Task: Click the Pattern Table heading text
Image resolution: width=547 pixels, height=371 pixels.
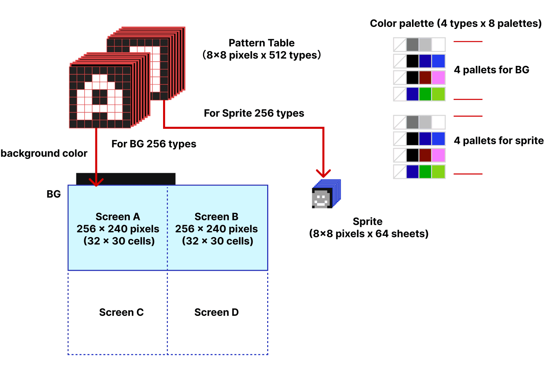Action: pos(262,43)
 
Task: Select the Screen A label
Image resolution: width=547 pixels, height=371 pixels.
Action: pos(118,217)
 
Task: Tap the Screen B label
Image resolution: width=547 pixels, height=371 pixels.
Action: pos(217,217)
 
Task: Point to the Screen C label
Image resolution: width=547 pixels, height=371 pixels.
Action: pos(121,312)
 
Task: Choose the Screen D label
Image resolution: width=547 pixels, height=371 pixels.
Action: pos(217,312)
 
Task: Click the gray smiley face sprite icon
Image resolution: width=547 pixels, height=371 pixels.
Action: pos(321,199)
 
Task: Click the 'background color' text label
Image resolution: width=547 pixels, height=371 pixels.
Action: pos(44,153)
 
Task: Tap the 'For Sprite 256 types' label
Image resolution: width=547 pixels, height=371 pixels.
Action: pos(254,113)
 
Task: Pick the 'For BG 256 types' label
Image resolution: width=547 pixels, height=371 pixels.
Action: pos(154,144)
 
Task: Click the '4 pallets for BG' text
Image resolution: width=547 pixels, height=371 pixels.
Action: pos(491,70)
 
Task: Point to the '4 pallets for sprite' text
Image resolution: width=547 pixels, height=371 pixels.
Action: pos(499,141)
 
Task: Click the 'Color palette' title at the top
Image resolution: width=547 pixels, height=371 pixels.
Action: pos(456,23)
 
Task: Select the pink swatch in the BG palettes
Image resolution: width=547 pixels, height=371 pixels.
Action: pos(439,78)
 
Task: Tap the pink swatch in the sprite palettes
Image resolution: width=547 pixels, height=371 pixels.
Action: pos(439,155)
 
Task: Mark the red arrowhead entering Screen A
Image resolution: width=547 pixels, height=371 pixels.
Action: pos(96,182)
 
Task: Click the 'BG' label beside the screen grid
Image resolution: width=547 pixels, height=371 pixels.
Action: pos(54,194)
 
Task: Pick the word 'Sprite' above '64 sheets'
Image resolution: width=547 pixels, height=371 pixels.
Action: pos(368,222)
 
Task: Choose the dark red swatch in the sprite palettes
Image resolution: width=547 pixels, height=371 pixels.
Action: pos(425,155)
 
